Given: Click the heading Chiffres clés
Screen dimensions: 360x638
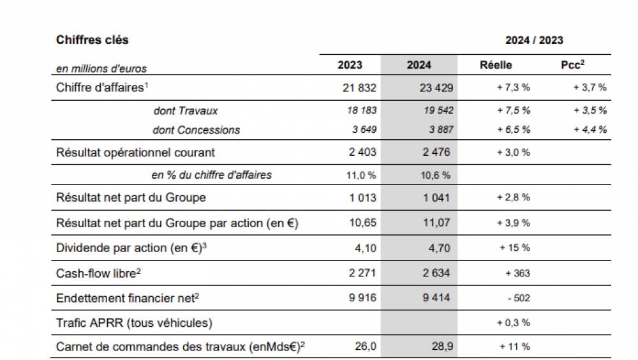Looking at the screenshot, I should (x=92, y=40).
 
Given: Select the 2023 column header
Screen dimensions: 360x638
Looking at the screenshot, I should (x=350, y=65).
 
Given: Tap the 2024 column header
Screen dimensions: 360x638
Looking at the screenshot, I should (x=419, y=65).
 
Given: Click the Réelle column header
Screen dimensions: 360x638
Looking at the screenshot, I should (x=496, y=65).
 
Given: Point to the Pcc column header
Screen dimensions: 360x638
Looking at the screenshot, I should (x=574, y=65).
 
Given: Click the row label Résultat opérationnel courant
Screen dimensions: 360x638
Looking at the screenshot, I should (x=135, y=153).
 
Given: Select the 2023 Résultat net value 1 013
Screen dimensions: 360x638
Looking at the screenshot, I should (x=362, y=197).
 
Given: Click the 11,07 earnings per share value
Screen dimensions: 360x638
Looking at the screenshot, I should (x=437, y=223).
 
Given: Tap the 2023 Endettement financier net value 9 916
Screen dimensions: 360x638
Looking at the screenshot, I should (x=362, y=298).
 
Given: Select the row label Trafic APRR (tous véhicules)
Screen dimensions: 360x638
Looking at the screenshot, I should (x=134, y=323).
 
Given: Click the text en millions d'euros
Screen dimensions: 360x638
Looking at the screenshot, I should (x=101, y=68).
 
